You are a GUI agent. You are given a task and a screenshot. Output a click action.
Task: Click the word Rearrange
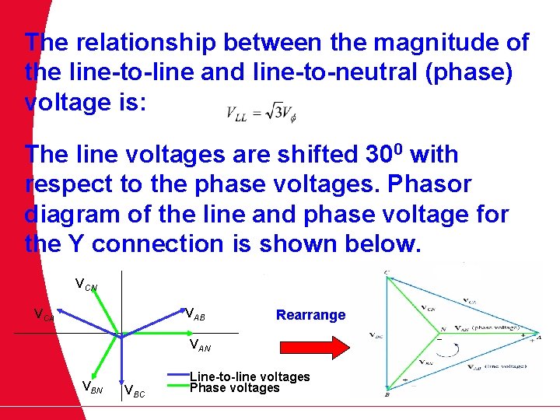(310, 315)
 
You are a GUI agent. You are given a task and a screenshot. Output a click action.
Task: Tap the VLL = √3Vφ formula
(261, 114)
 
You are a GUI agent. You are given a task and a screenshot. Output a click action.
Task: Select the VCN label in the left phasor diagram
(86, 285)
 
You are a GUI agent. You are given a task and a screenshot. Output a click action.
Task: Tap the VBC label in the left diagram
(134, 390)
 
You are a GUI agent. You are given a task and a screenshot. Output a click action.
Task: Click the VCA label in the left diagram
(44, 315)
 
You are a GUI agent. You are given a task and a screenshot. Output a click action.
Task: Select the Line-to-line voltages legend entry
(250, 377)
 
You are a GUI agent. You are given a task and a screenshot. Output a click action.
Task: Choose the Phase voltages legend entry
(234, 387)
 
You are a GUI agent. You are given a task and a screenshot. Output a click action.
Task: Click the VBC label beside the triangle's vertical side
(376, 335)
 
